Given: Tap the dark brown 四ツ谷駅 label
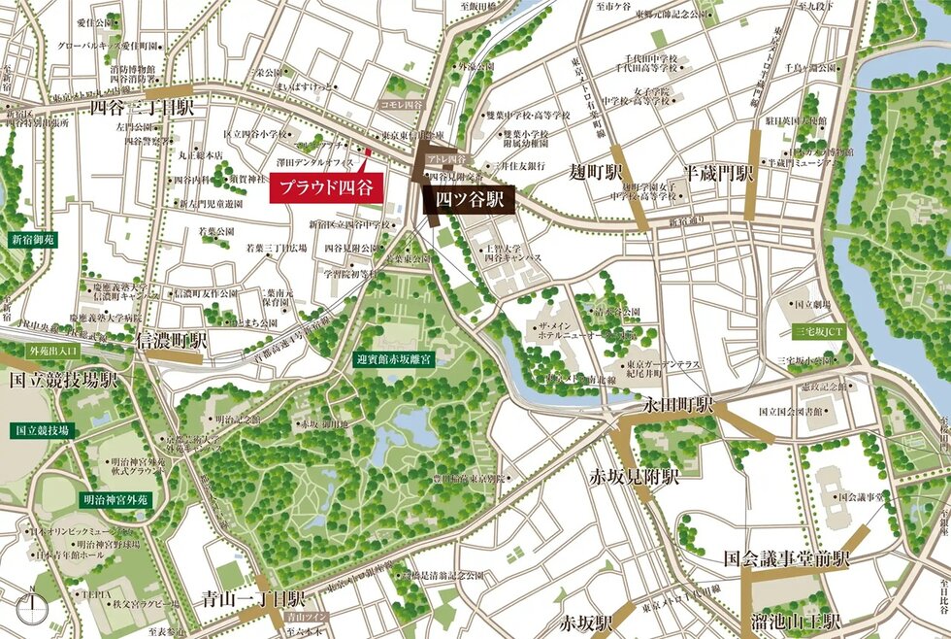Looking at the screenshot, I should point(469,201).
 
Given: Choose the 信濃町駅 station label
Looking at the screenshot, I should point(172,341).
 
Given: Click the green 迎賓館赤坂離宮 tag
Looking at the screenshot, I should point(399,358).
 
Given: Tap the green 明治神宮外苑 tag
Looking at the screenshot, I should point(114,499).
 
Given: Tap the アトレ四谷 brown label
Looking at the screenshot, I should point(445,158).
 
